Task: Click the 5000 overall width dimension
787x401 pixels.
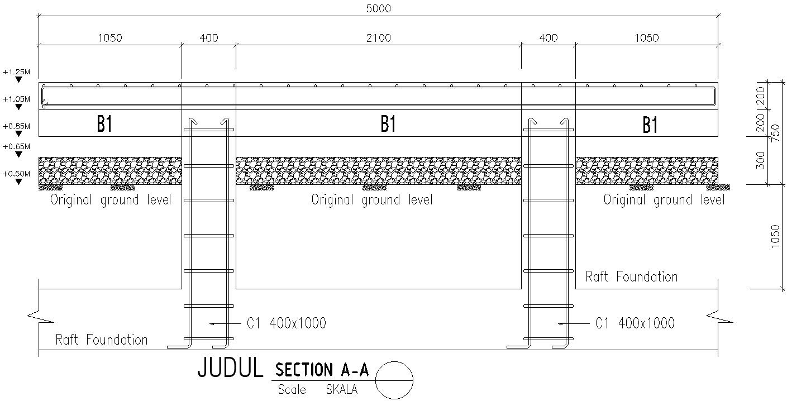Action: (x=378, y=8)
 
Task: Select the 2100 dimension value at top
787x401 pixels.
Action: (x=378, y=38)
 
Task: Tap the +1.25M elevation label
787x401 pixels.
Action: (x=16, y=72)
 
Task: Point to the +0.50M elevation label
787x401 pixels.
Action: (x=16, y=174)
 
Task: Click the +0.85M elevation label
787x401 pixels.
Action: (x=16, y=126)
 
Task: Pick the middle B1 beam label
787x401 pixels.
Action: (x=388, y=124)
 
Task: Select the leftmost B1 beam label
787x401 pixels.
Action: (x=104, y=124)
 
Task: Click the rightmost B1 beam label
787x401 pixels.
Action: (x=650, y=125)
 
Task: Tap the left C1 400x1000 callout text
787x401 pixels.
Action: (x=287, y=323)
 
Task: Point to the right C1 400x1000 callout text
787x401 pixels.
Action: (x=635, y=323)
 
